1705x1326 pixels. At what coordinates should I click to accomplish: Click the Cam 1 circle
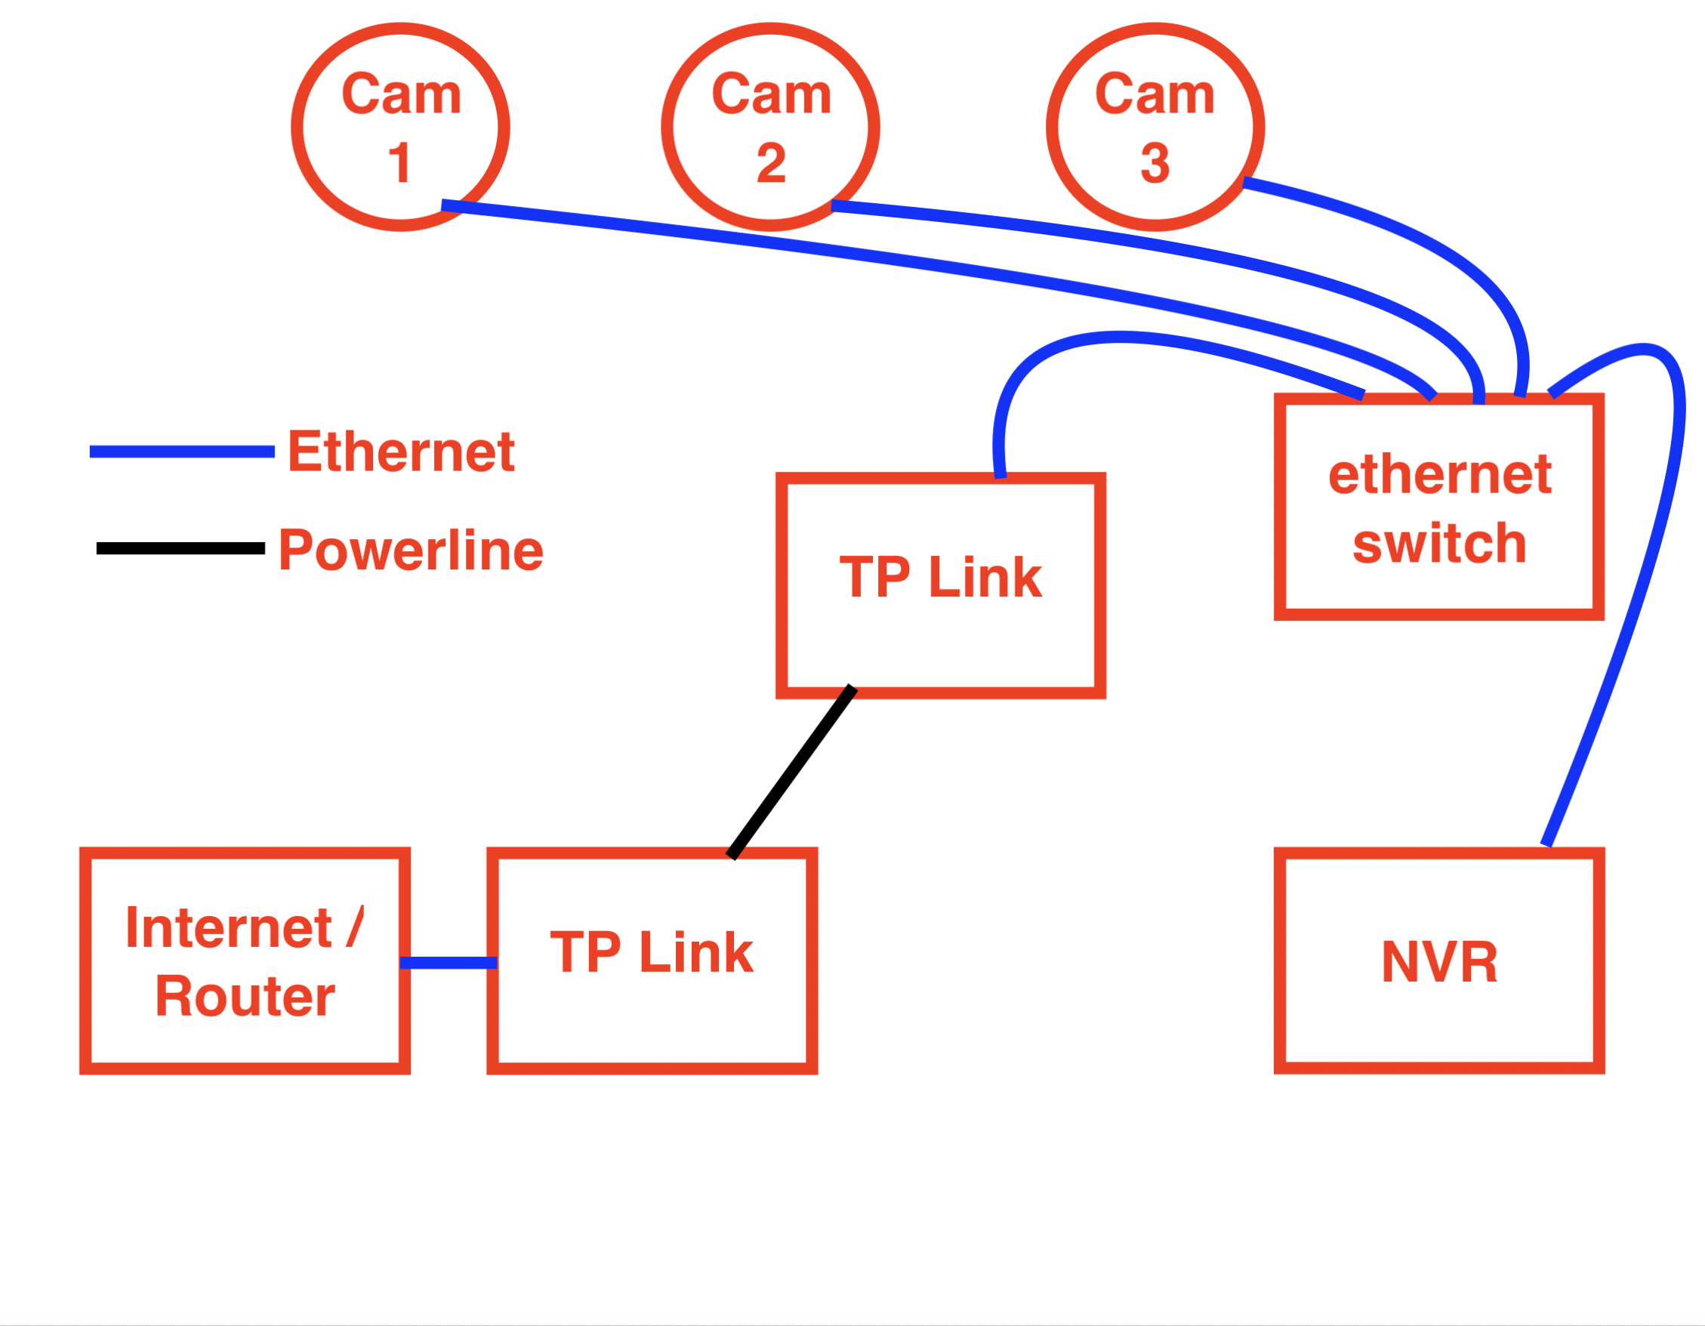[399, 127]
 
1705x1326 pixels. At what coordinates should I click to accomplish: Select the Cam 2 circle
[769, 127]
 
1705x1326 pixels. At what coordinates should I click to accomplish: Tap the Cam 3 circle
[1155, 127]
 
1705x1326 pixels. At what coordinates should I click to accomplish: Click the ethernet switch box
[1438, 507]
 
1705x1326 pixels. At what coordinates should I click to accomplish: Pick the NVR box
[1438, 961]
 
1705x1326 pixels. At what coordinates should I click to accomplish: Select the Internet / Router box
[245, 961]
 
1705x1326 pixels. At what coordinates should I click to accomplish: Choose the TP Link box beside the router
[652, 961]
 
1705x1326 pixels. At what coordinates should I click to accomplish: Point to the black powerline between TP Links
[791, 772]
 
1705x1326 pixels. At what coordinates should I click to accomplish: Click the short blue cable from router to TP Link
[448, 963]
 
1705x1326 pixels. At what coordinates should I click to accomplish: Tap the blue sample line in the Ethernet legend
[182, 452]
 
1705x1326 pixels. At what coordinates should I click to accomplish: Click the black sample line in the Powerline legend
[180, 548]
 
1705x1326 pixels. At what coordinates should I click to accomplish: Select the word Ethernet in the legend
[400, 452]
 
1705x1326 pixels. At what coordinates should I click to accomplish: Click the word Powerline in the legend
[411, 550]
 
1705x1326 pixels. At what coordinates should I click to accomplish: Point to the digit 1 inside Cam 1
[399, 162]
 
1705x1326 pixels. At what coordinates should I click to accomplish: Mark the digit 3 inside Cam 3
[1155, 162]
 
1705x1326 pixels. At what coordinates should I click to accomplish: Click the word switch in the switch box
[1438, 543]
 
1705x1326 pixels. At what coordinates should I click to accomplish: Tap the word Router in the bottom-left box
[245, 997]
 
